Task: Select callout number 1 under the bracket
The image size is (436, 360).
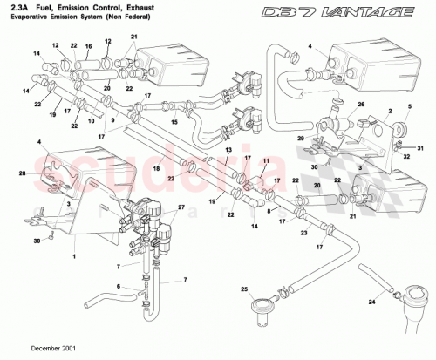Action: pyautogui.click(x=75, y=257)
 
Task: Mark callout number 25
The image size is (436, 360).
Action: pyautogui.click(x=245, y=289)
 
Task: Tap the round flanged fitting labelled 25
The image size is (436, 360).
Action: pyautogui.click(x=258, y=307)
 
